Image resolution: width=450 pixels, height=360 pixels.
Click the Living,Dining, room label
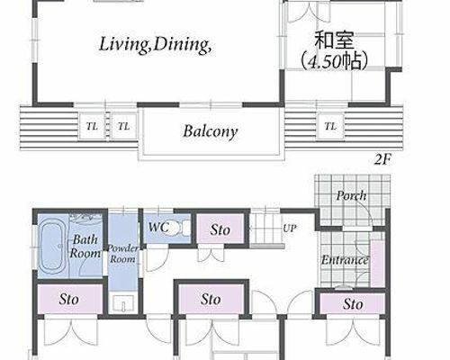click(156, 45)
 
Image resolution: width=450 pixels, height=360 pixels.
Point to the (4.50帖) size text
click(334, 61)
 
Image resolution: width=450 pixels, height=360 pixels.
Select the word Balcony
click(211, 131)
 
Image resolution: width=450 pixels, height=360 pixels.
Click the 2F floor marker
click(382, 159)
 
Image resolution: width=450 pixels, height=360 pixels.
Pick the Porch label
click(351, 195)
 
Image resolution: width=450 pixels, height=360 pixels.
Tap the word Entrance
click(345, 260)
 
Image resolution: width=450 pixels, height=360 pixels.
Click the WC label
click(158, 227)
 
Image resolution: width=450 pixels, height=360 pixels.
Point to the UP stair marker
click(290, 229)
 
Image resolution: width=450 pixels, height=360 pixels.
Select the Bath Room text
click(85, 247)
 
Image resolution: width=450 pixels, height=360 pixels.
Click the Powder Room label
click(122, 254)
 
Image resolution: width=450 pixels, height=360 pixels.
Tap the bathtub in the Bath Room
click(52, 247)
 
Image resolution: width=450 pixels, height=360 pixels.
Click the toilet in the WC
click(180, 229)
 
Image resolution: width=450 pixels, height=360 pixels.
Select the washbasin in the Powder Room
click(123, 303)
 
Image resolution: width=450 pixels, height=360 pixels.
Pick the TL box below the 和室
click(330, 126)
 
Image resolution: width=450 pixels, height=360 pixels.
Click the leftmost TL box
click(92, 126)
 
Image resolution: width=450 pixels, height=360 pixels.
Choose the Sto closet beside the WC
click(220, 229)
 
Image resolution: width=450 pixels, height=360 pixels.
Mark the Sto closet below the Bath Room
click(69, 299)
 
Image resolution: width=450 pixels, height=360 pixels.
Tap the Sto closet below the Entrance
click(353, 304)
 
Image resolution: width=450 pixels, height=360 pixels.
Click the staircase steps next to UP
click(265, 229)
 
